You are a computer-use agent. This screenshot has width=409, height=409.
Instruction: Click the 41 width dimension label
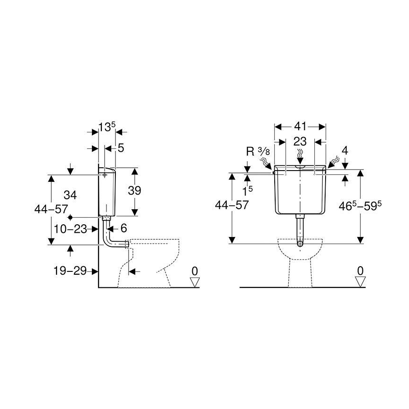click(301, 126)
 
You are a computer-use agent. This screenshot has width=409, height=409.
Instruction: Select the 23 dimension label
click(300, 141)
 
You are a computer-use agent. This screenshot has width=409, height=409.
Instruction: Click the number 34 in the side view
click(70, 195)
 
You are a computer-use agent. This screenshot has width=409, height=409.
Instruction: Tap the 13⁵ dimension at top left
click(106, 126)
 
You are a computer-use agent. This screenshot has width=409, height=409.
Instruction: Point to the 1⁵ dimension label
click(247, 190)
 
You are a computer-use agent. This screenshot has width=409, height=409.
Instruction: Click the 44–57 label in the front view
click(231, 205)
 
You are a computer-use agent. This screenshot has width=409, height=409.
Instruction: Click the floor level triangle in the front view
click(360, 281)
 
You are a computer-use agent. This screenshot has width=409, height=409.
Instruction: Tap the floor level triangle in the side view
click(194, 281)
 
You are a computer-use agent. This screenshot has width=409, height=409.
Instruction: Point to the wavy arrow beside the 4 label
click(334, 162)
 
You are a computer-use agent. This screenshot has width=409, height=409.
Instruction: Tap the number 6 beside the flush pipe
click(123, 228)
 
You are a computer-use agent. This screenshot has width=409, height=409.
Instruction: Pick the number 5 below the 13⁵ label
click(121, 148)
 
